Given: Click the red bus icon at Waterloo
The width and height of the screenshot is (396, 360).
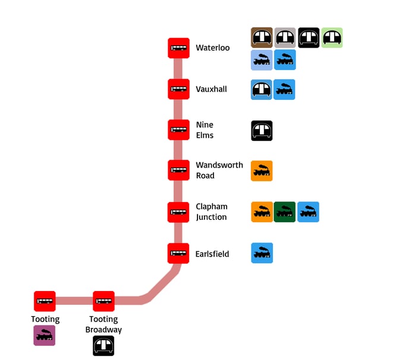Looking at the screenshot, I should point(178,48).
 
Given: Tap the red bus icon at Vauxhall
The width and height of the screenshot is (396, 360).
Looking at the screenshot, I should point(178,90).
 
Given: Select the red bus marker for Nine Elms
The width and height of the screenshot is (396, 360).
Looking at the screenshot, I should point(178,130).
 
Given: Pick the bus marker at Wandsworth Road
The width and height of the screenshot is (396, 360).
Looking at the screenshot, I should point(178,170).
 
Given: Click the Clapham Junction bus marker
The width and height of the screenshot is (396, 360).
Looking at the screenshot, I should point(178,212).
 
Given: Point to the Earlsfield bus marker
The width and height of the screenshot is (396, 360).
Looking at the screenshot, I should point(178,254).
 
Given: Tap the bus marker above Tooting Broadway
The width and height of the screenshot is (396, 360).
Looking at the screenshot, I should point(103,301).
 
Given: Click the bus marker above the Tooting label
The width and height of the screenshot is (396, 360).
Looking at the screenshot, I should point(45,301).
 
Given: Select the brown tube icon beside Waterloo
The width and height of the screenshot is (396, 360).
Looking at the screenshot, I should point(262,37).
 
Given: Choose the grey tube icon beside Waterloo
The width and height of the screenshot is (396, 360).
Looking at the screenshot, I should point(285,37).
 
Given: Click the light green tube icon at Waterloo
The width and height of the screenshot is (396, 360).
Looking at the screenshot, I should point(332,37).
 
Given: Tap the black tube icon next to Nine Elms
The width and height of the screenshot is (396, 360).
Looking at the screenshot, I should point(262,130).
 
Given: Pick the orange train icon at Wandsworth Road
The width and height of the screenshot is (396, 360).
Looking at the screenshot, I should point(262,171).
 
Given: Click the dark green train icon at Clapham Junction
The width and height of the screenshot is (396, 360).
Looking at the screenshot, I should point(285,212).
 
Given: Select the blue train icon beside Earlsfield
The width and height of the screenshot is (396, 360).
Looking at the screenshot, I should point(262,253).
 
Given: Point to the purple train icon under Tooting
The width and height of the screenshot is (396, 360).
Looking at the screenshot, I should point(45,335).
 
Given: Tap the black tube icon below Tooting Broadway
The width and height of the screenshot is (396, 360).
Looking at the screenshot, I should point(103,346).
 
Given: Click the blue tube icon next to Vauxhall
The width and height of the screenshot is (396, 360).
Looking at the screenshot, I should point(262,90).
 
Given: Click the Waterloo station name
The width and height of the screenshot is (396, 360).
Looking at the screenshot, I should point(212,48).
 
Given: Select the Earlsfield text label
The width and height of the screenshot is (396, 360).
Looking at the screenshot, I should point(212,254).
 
